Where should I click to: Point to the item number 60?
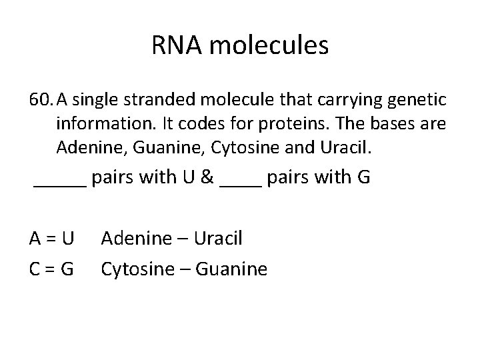[41, 101]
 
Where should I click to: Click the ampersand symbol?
[206, 179]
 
